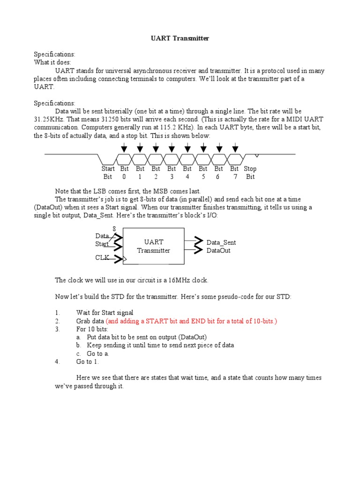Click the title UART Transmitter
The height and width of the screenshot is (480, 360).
click(180, 38)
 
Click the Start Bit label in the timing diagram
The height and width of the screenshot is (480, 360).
click(108, 172)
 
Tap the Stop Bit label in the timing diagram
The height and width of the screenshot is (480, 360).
click(250, 172)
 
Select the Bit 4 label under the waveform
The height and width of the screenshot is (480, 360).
click(187, 172)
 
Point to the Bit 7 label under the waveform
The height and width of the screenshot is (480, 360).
click(234, 172)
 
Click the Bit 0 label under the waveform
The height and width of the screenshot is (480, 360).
click(124, 172)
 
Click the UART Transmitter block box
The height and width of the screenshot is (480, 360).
click(154, 246)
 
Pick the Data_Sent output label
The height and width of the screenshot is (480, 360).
click(221, 242)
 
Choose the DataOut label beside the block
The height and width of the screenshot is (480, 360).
click(218, 251)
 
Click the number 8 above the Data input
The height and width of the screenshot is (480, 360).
click(114, 228)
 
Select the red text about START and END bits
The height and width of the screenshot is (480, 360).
click(191, 321)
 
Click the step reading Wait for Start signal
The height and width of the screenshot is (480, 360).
click(105, 313)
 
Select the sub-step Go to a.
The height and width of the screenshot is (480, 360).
click(97, 353)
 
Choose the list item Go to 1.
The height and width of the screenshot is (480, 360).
click(87, 362)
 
